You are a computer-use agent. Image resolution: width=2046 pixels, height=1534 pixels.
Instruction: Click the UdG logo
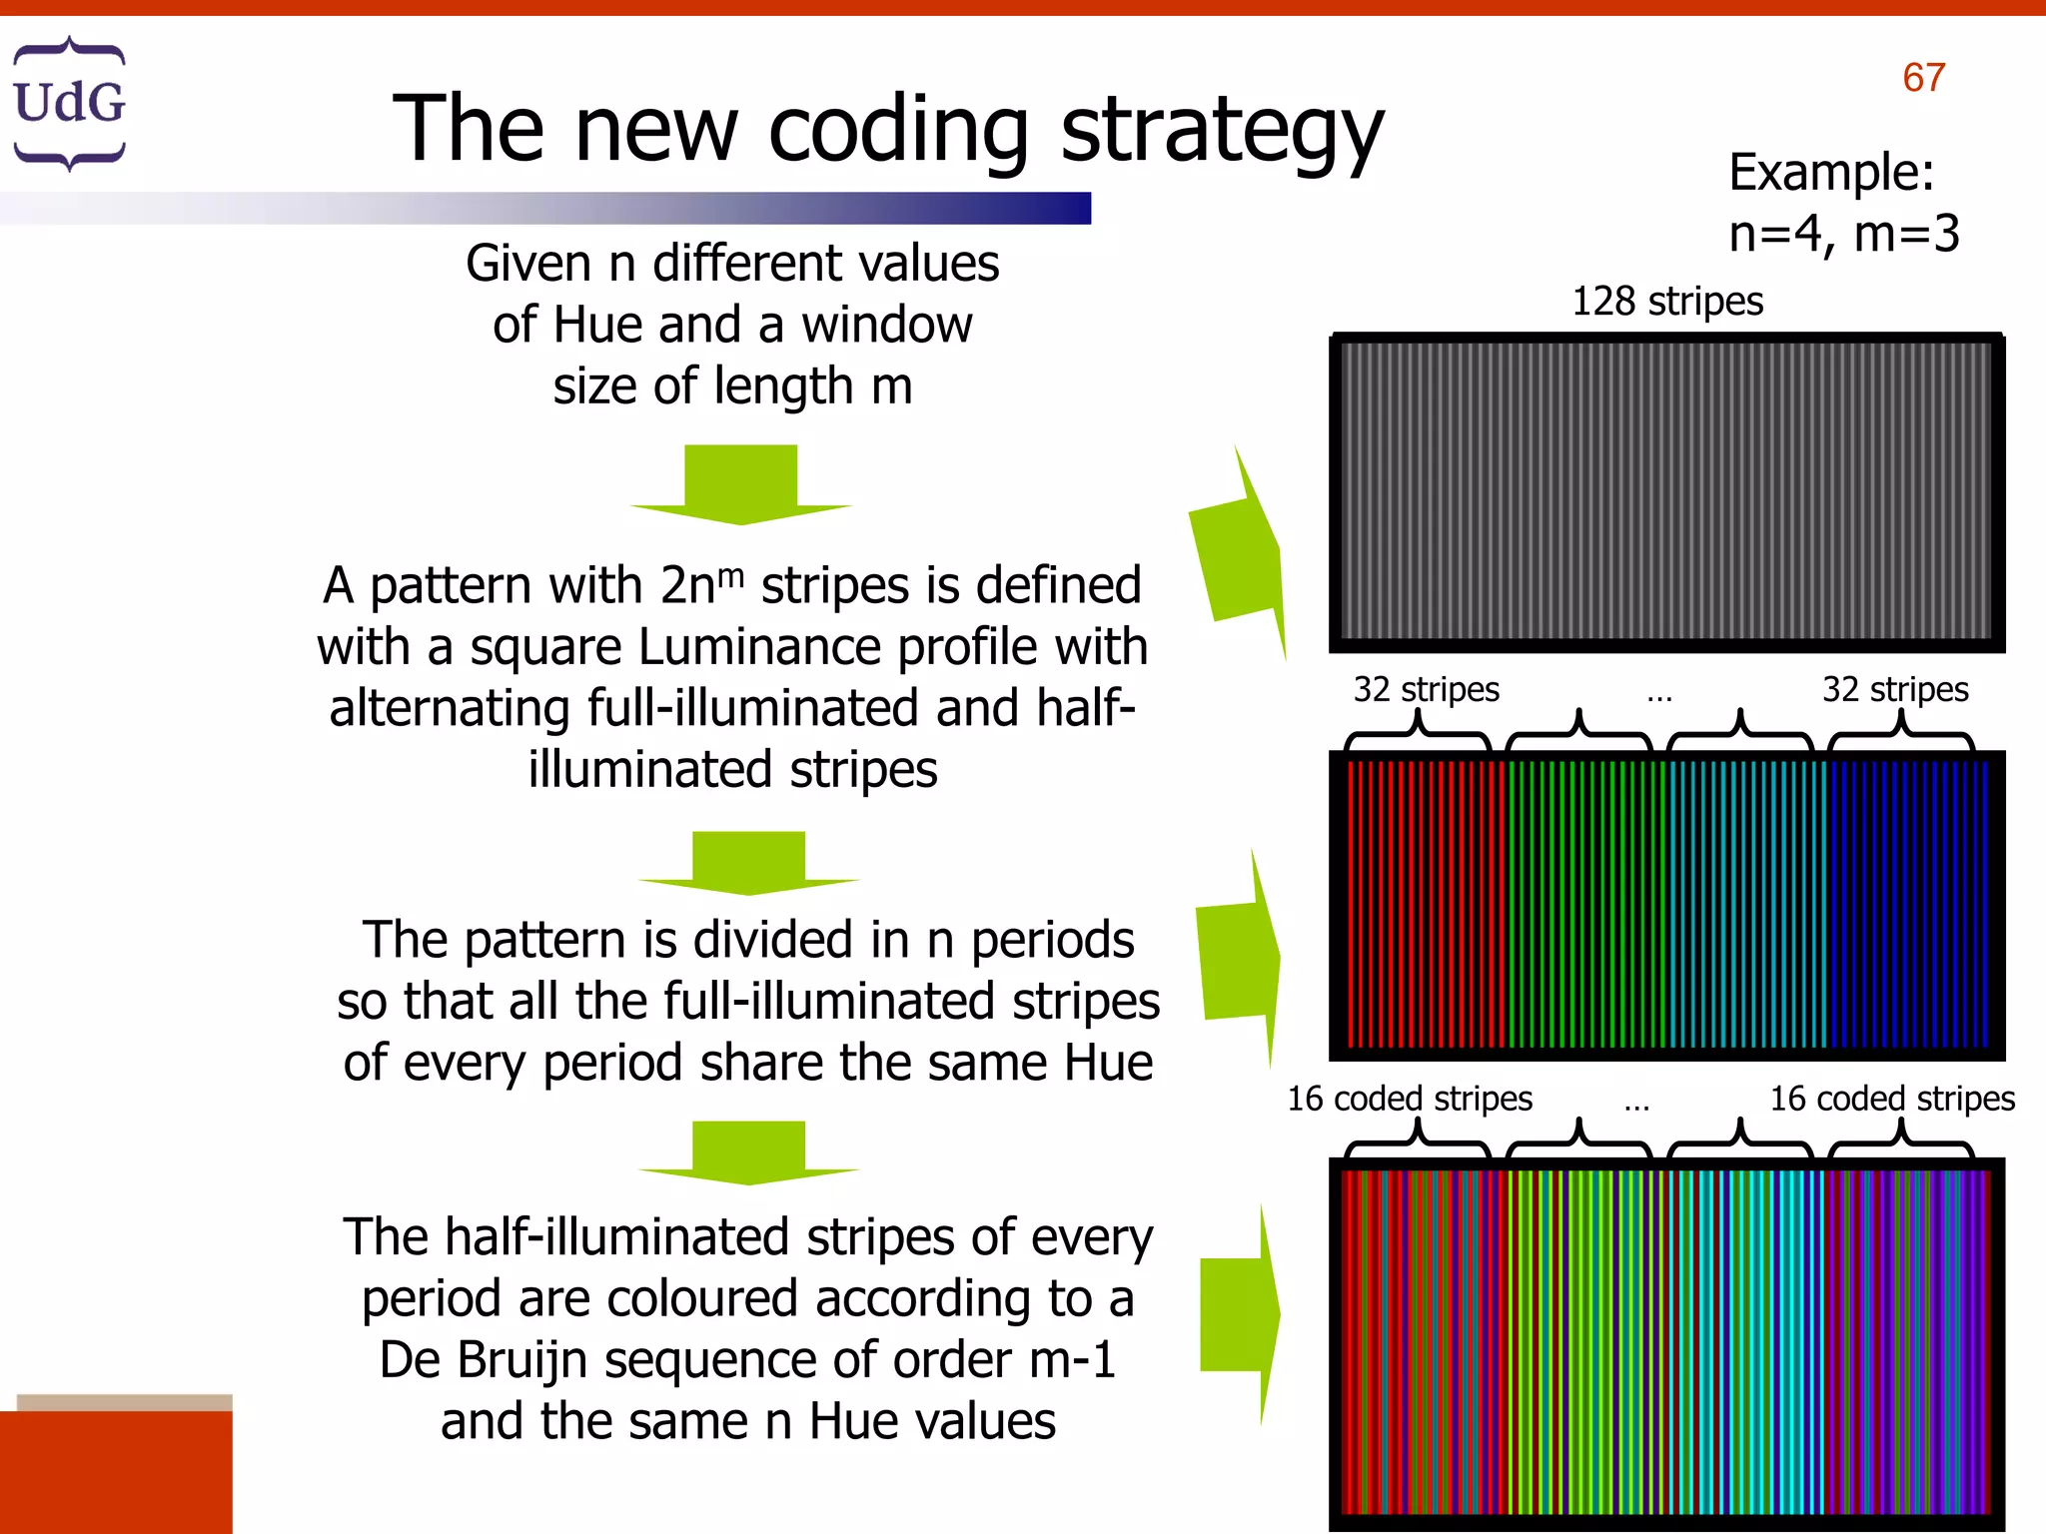[x=69, y=103]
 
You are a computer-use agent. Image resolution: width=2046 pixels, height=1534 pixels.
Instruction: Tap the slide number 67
[x=1923, y=78]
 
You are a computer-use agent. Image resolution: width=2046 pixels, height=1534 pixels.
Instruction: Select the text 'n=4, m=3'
[x=1843, y=234]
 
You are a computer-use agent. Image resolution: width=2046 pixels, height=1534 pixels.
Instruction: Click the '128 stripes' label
[x=1666, y=301]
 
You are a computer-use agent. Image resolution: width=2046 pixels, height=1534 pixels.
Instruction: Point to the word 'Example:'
[x=1831, y=172]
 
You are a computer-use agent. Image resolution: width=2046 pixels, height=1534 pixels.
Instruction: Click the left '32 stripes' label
[x=1426, y=689]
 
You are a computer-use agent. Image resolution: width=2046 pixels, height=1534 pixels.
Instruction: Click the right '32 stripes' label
[x=1894, y=689]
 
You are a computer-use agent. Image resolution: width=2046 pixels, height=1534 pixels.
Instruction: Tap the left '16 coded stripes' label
[x=1409, y=1099]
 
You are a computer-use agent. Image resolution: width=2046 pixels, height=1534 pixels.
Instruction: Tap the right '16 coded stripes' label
[x=1891, y=1099]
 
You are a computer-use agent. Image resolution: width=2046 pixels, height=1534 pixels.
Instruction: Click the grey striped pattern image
[x=1666, y=491]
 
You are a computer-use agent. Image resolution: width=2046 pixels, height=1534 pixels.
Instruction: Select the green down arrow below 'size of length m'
[x=740, y=484]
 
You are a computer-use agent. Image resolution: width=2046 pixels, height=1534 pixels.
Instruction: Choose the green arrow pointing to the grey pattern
[x=1239, y=554]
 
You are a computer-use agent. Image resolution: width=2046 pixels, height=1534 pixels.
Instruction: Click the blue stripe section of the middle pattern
[x=1906, y=904]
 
